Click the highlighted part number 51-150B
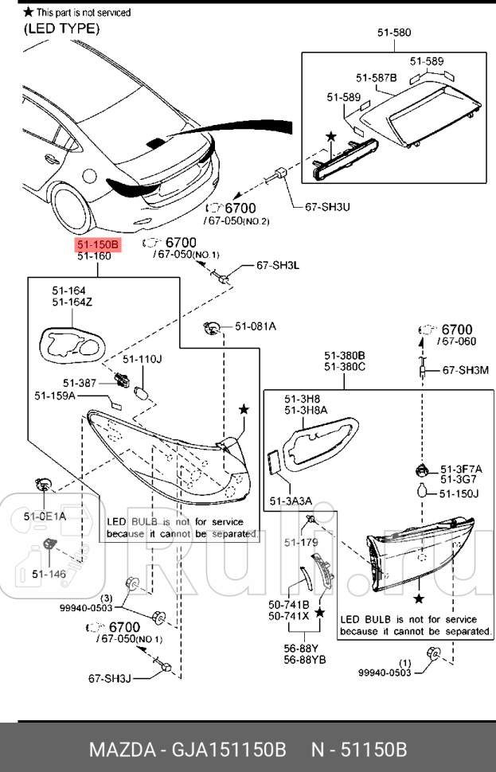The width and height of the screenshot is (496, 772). (x=98, y=244)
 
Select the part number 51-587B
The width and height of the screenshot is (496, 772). (x=376, y=77)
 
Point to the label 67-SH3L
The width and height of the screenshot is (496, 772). (x=277, y=265)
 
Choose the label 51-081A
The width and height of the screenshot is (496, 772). (x=255, y=326)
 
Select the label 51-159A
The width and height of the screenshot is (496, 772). (x=55, y=396)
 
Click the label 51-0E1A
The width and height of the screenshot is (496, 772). (x=45, y=517)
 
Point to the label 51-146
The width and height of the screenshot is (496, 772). (x=49, y=573)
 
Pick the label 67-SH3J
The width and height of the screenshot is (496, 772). (x=109, y=679)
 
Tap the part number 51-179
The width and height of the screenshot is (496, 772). (x=301, y=543)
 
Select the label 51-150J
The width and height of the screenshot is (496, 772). (x=459, y=493)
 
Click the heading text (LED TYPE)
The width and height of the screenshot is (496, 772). (x=61, y=29)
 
